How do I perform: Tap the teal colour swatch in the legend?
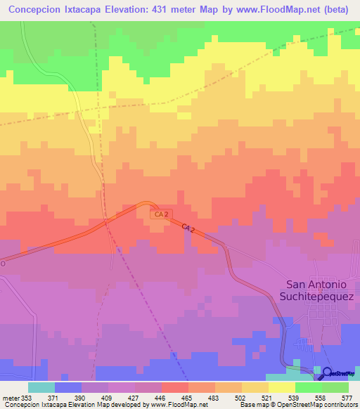tap(41, 387)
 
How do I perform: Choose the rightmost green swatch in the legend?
tap(335, 387)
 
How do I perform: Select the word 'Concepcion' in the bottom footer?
tap(22, 405)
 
